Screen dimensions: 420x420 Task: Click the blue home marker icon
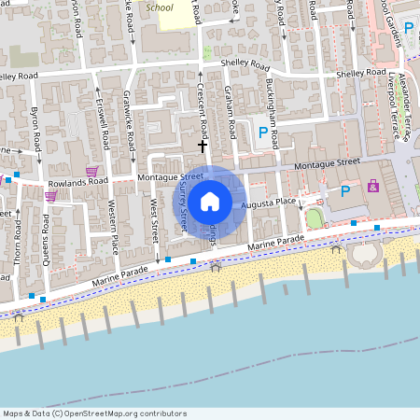click(210, 201)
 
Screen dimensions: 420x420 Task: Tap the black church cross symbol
click(202, 146)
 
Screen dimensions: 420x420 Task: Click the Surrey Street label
click(183, 205)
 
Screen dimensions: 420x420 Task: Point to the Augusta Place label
click(269, 202)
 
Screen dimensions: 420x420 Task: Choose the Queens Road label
click(46, 237)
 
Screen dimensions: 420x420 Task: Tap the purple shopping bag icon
click(373, 186)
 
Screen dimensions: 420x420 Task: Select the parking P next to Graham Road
click(262, 133)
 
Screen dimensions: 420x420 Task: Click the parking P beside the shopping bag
click(345, 191)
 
